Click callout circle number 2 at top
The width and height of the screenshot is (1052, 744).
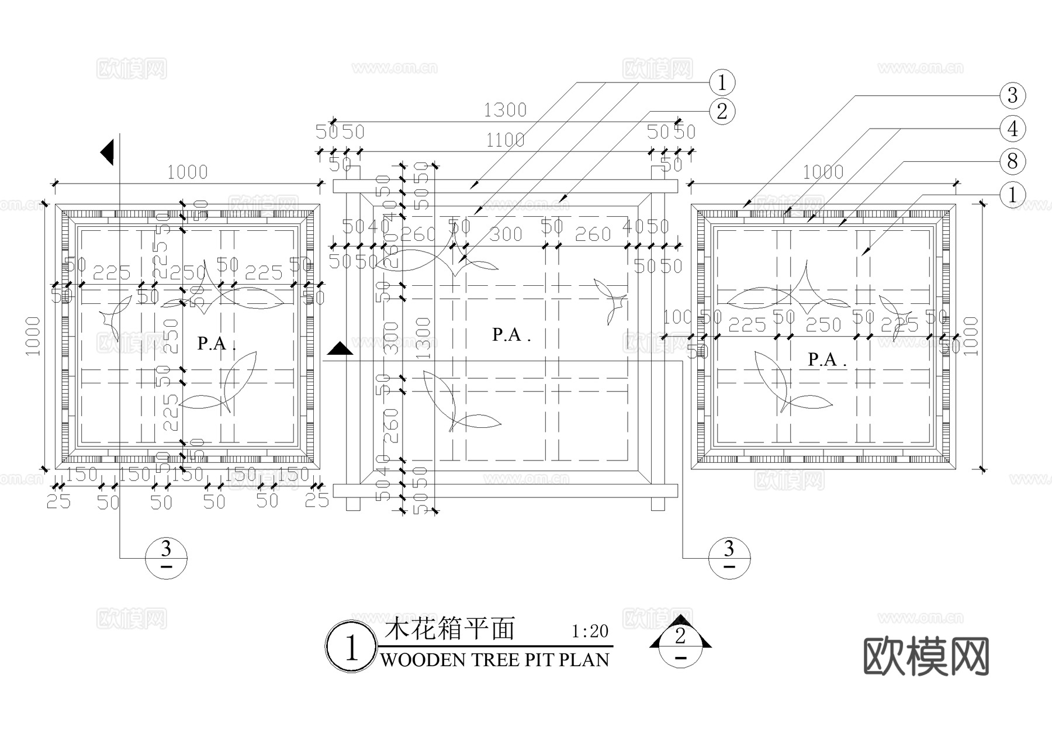[x=722, y=111]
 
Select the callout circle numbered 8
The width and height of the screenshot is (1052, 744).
[x=1012, y=161]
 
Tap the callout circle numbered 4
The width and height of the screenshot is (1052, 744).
[x=1012, y=129]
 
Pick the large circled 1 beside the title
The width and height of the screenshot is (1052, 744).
[x=351, y=648]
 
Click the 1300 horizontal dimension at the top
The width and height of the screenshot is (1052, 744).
[x=505, y=110]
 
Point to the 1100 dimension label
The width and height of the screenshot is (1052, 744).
[x=505, y=140]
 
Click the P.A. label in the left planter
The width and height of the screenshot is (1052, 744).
[x=216, y=344]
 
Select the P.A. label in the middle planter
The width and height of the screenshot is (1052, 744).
[x=511, y=335]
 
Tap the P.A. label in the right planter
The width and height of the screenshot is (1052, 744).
[x=826, y=360]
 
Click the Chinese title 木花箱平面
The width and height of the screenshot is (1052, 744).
[x=449, y=629]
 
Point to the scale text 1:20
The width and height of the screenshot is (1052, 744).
[x=590, y=632]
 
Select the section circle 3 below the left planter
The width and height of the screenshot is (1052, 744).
[x=167, y=558]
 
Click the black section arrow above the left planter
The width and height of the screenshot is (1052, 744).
[x=108, y=153]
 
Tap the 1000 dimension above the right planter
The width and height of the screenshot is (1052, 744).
[x=822, y=172]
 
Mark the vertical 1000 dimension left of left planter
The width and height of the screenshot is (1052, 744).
[x=33, y=336]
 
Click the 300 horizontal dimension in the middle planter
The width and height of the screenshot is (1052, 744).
[x=506, y=234]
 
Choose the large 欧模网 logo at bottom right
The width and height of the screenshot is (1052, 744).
[x=926, y=656]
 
